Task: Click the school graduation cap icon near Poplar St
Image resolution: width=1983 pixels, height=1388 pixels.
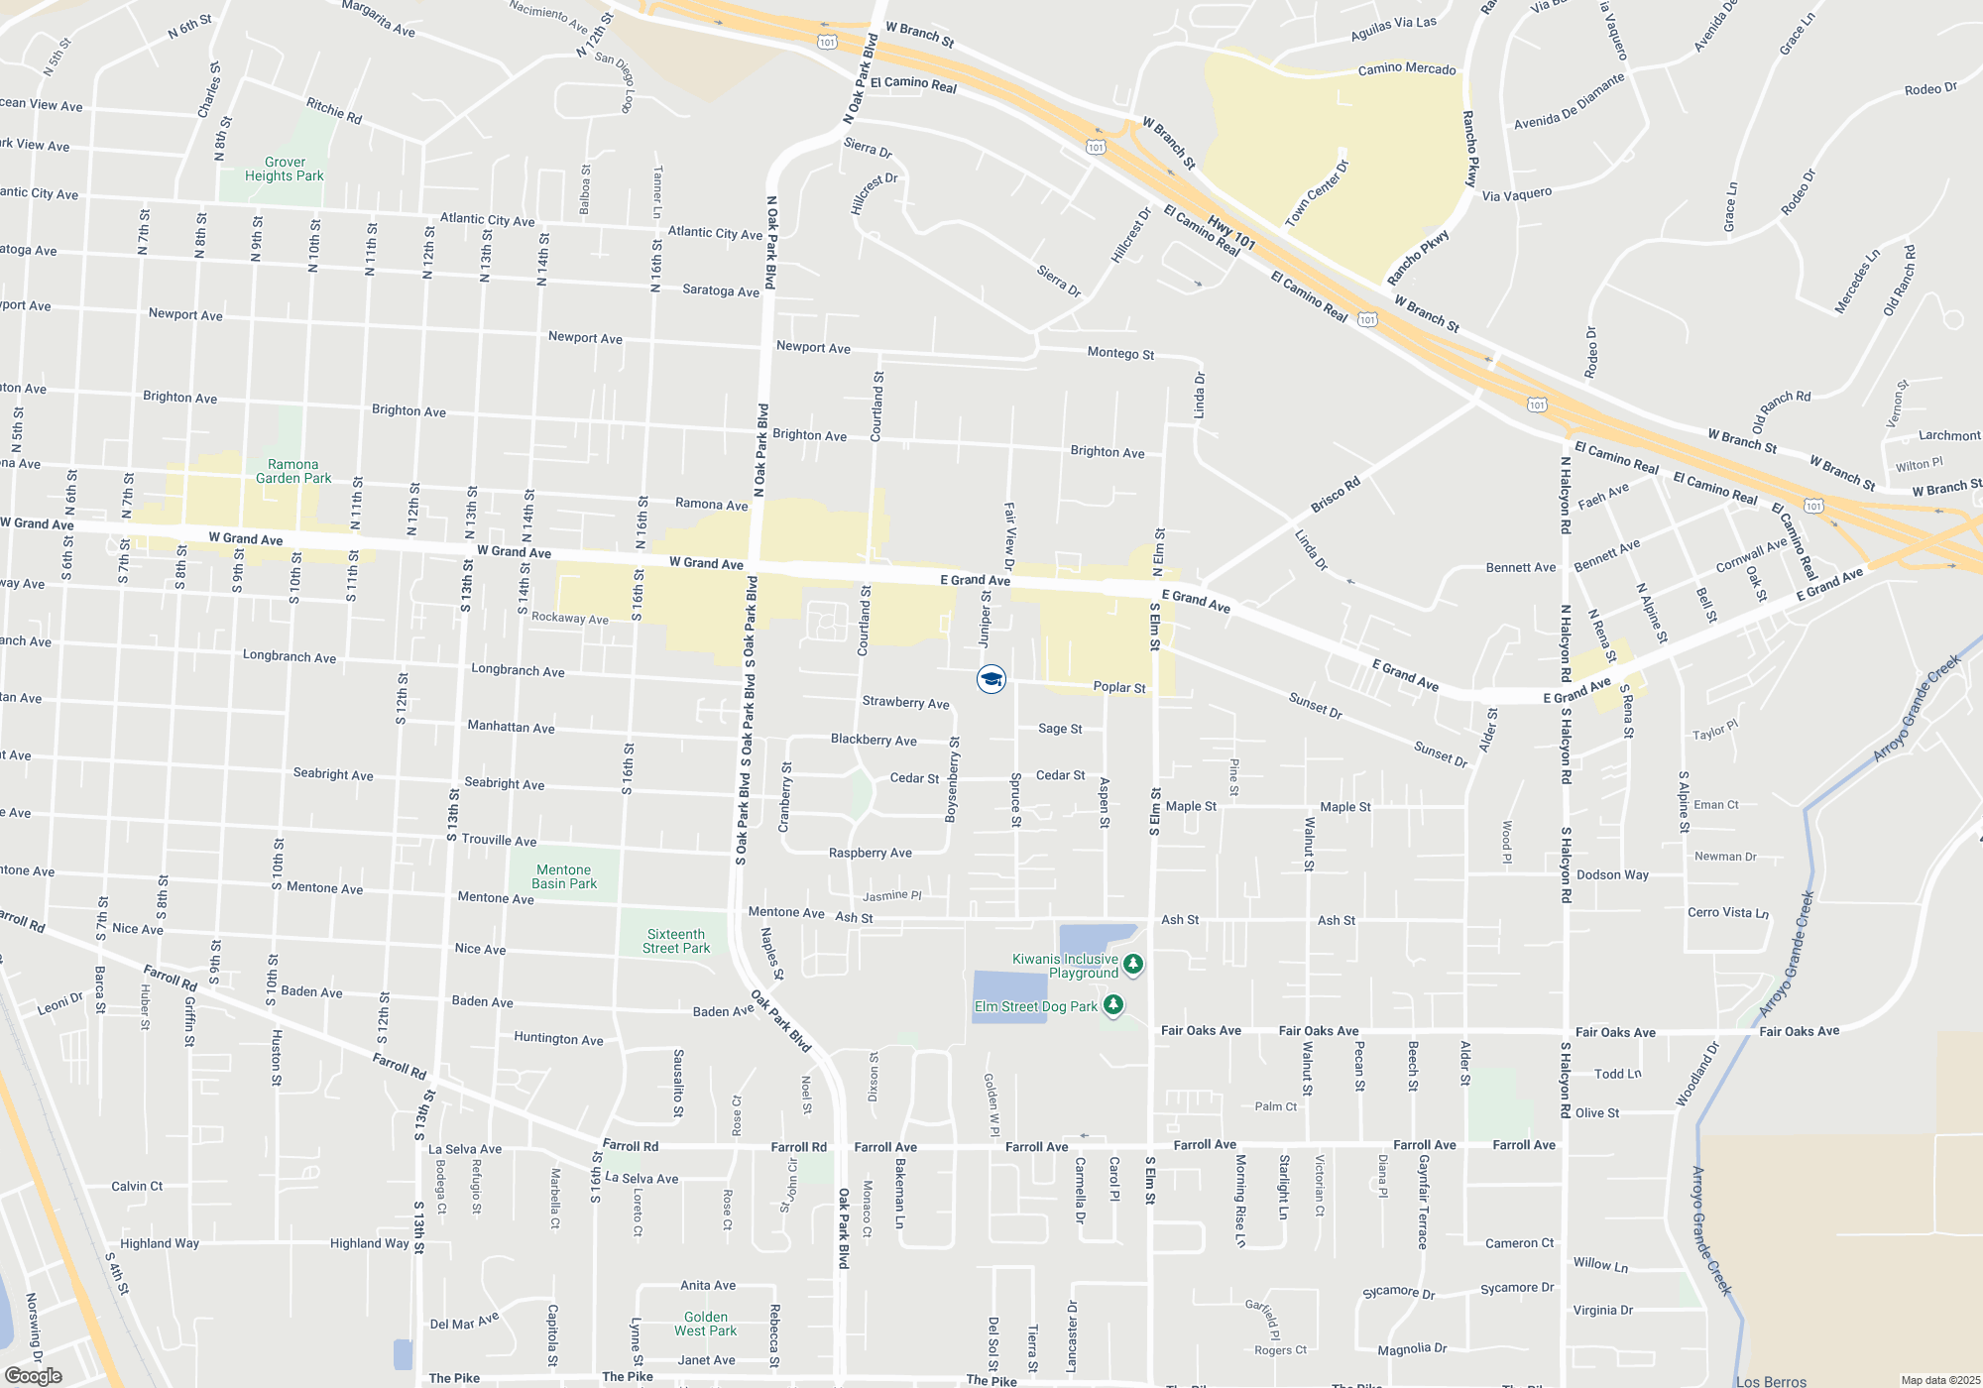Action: pos(991,679)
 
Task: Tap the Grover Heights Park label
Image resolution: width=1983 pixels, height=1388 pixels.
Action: pos(285,170)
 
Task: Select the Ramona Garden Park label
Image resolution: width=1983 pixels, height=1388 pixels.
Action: pos(293,472)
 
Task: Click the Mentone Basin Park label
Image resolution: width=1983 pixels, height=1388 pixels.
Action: pos(564,877)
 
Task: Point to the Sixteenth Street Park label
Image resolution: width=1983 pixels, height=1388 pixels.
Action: pos(676,942)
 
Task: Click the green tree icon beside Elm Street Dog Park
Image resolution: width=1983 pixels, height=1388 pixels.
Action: pos(1113,1006)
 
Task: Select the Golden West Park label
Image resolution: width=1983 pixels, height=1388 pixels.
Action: pos(706,1325)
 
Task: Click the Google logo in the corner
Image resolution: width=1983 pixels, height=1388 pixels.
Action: pos(34,1376)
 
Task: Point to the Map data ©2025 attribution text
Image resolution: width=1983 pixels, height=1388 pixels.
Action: pos(1939,1380)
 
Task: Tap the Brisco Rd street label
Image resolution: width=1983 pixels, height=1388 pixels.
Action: pos(1336,495)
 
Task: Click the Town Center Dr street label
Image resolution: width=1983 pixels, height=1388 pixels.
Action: pos(1317,193)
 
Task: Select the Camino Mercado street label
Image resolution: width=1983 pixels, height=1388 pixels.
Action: pos(1407,69)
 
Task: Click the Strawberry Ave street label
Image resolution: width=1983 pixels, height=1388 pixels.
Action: pos(905,703)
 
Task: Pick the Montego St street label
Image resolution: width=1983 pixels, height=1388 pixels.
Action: pos(1120,354)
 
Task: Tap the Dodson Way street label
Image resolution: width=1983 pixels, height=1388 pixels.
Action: pos(1612,875)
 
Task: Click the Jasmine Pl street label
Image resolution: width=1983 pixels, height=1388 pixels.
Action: pos(892,896)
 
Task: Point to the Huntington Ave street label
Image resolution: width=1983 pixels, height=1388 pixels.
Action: pos(558,1039)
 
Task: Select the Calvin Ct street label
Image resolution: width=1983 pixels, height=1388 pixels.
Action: pos(137,1187)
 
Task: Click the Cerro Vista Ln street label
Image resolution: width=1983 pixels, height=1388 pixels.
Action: pos(1728,913)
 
